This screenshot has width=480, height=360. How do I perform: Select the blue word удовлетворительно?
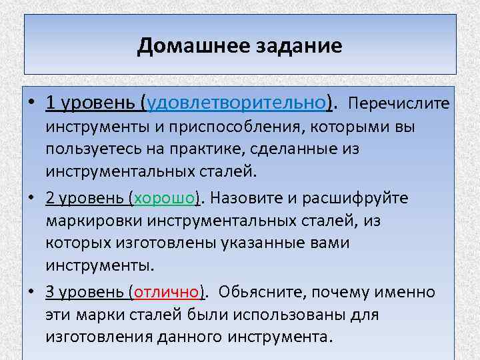[x=239, y=103]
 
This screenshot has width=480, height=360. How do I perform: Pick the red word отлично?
[x=169, y=291]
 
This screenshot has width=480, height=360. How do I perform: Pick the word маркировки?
[x=97, y=221]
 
